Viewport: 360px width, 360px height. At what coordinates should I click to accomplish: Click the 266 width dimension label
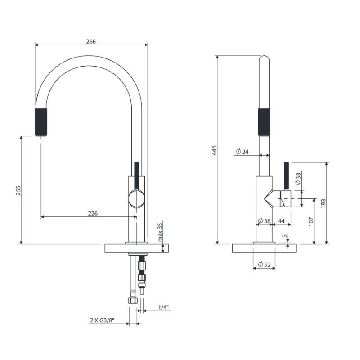[91, 41]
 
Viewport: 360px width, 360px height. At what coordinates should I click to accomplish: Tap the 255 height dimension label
[18, 190]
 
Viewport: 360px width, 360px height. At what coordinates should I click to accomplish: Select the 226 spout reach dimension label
[93, 213]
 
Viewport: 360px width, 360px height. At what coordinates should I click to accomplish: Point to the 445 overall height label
[214, 150]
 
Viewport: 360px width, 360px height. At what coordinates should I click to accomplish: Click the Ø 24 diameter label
[242, 152]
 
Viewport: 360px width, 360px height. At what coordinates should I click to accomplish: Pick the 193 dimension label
[323, 203]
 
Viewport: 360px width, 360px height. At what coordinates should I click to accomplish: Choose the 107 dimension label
[311, 221]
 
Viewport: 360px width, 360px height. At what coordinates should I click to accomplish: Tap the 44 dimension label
[281, 221]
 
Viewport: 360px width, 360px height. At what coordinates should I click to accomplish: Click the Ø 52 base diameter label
[264, 265]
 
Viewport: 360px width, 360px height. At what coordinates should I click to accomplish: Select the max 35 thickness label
[160, 232]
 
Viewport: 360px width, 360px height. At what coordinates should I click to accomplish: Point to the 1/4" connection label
[163, 307]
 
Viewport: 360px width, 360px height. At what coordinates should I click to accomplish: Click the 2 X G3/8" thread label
[102, 320]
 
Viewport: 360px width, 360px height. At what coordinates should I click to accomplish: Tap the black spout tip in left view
[41, 122]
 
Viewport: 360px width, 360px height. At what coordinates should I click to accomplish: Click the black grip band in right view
[264, 122]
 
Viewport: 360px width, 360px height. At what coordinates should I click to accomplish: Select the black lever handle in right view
[286, 176]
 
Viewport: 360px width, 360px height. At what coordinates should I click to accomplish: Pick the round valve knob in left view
[137, 199]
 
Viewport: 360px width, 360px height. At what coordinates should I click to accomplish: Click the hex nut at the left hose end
[133, 300]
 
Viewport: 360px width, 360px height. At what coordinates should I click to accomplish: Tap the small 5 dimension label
[285, 236]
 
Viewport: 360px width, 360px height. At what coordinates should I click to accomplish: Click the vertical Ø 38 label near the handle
[298, 179]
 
